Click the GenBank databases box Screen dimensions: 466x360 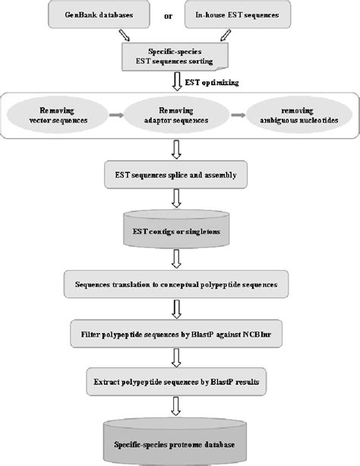97,14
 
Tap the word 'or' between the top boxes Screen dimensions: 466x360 179,15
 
